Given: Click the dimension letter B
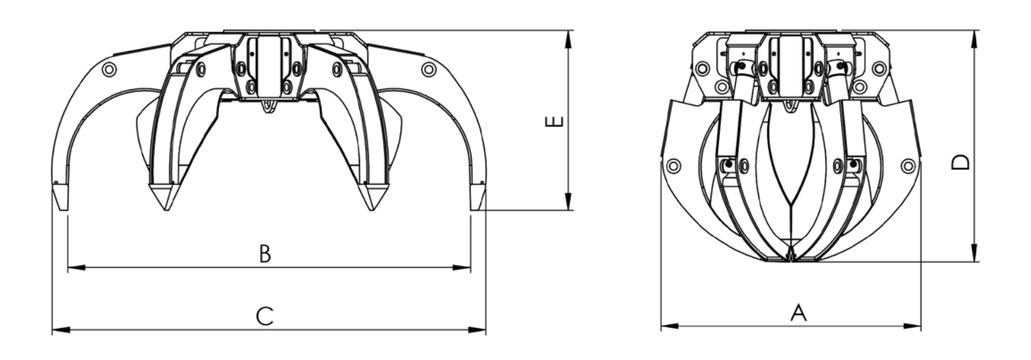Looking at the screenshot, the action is click(265, 254).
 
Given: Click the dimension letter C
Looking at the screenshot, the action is click(264, 316).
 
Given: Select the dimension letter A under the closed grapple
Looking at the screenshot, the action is click(799, 313).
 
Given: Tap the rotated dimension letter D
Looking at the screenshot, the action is click(961, 162).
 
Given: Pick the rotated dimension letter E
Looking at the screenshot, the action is click(554, 122).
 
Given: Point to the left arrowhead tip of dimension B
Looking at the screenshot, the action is click(68, 267).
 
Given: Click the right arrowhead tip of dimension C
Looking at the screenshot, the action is click(486, 329).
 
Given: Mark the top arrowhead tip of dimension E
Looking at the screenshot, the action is click(568, 31).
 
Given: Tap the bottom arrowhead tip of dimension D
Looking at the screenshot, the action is click(974, 262).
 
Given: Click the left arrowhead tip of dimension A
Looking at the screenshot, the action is click(661, 327).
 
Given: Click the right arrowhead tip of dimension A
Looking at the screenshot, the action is click(921, 327).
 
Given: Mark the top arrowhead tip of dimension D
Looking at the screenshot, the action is click(974, 31).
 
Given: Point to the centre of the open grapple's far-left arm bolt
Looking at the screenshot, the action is click(109, 70).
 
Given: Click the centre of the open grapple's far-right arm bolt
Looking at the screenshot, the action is click(428, 70).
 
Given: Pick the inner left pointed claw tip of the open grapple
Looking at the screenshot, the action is click(166, 211).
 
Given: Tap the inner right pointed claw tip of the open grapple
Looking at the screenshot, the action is click(372, 211).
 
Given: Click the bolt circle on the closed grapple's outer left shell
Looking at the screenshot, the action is click(673, 166).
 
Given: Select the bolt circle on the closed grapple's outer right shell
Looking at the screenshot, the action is click(908, 166).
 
